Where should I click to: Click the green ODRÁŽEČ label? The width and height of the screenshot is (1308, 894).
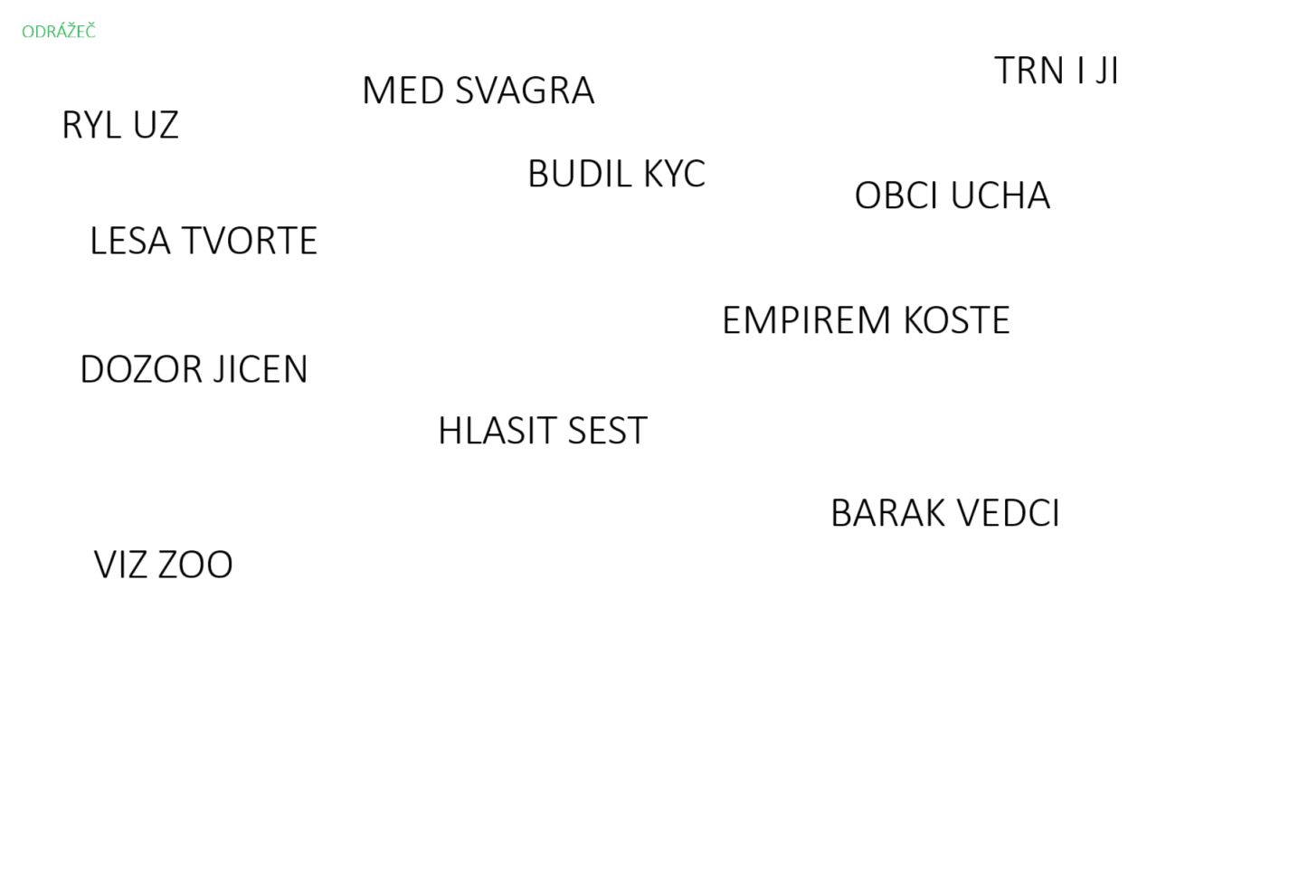pos(58,32)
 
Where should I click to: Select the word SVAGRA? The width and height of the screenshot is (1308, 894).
pos(525,90)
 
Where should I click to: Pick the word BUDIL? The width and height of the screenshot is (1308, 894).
pos(579,174)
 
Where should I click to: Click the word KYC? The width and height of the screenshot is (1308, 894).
pos(674,174)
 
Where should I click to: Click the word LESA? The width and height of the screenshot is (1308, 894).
pos(130,241)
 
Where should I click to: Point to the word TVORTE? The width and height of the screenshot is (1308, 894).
pos(250,241)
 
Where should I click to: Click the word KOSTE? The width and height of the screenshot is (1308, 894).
pos(957,320)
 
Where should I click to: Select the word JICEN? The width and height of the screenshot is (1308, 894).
pos(261,369)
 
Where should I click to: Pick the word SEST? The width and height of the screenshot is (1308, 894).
pos(607,431)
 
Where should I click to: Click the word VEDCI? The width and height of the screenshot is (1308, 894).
pos(1008,513)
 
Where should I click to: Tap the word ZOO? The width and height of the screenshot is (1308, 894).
pos(195,565)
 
